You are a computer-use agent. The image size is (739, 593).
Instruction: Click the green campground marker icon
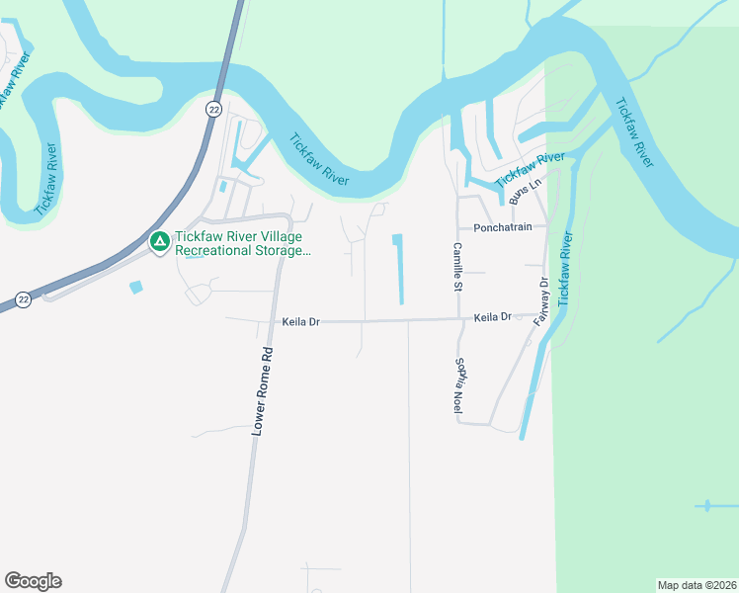159,240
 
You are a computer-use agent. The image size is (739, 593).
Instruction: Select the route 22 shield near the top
213,109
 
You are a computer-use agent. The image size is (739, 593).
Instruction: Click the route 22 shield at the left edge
22,298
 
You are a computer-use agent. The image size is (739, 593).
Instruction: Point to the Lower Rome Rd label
262,390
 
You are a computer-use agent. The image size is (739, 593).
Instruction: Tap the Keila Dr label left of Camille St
301,322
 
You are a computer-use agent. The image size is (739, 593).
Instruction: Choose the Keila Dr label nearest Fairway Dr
492,317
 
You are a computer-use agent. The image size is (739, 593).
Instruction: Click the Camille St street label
457,267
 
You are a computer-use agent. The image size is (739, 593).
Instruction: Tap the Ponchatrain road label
504,226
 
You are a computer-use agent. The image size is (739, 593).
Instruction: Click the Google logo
33,581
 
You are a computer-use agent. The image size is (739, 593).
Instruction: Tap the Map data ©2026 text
697,584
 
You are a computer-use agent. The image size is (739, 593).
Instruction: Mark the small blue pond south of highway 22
135,287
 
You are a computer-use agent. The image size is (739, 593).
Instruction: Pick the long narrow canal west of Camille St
400,269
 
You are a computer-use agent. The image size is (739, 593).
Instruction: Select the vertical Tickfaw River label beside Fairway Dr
564,269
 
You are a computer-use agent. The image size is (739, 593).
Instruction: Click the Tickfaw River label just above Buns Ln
530,168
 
